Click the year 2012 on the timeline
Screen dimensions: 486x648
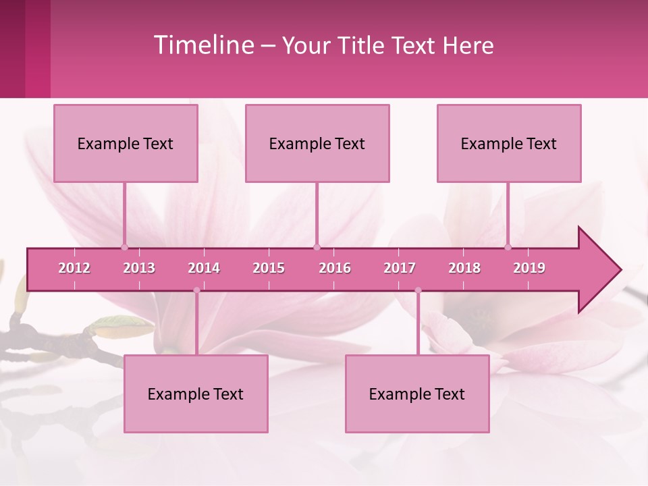click(74, 268)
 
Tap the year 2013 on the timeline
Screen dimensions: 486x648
click(139, 268)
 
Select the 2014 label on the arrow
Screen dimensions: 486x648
click(204, 268)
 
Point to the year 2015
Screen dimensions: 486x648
click(269, 268)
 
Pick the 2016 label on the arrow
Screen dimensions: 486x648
click(335, 268)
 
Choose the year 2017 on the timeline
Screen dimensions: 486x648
click(400, 268)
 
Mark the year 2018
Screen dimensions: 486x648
click(464, 268)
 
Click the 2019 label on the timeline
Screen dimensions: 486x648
click(529, 268)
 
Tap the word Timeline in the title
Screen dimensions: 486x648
click(203, 45)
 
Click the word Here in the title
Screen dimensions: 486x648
click(468, 46)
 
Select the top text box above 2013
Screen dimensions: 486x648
click(126, 143)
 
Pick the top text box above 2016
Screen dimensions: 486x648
click(317, 143)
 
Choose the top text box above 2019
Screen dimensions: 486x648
click(509, 143)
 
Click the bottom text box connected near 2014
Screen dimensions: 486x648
click(196, 394)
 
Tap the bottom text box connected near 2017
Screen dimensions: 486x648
click(417, 394)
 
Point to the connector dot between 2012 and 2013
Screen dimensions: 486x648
click(125, 247)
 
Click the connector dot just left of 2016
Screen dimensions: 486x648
click(317, 247)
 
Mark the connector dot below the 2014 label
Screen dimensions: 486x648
click(196, 290)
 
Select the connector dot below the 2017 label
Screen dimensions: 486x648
click(418, 290)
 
